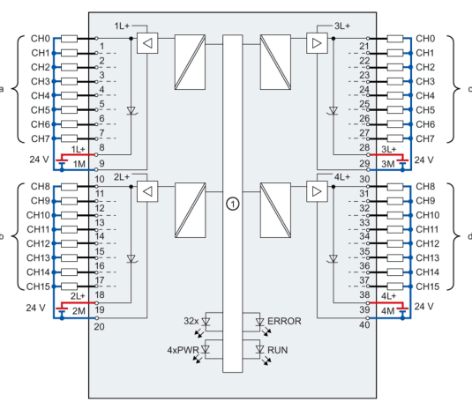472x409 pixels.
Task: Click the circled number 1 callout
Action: (x=232, y=204)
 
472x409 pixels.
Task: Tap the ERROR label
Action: (x=284, y=321)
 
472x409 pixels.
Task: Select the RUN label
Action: (x=278, y=350)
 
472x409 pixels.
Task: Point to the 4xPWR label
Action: (x=183, y=350)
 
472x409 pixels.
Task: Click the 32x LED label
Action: (x=191, y=321)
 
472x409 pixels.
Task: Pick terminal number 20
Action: (x=100, y=327)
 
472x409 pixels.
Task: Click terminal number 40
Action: (x=364, y=324)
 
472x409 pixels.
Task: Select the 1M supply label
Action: (x=79, y=164)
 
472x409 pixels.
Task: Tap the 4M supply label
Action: (x=387, y=311)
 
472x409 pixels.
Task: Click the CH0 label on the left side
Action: (x=41, y=39)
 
